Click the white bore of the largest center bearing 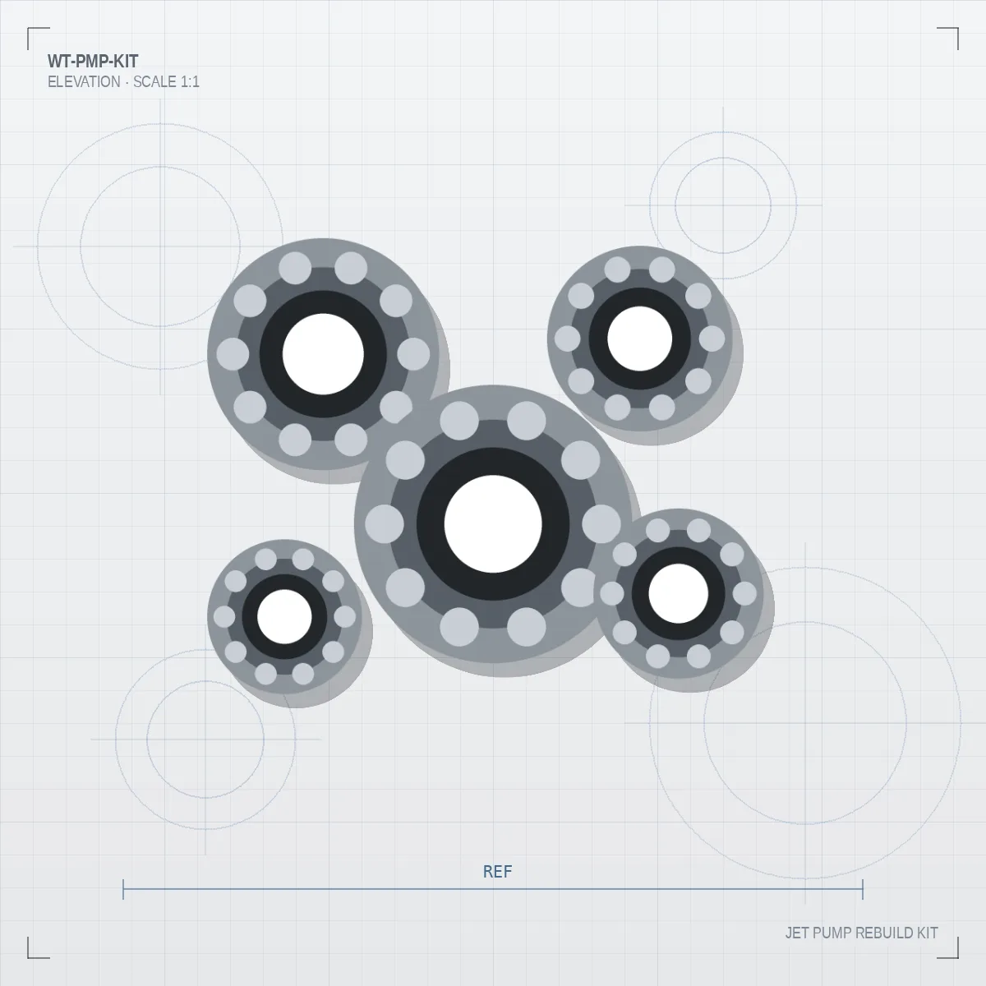tap(493, 524)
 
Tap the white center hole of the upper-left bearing tap(323, 354)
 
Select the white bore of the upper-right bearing tap(639, 339)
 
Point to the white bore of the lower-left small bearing tap(284, 616)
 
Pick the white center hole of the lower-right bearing tap(678, 593)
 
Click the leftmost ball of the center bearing tap(385, 524)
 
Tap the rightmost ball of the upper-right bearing tap(712, 339)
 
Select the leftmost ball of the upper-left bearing tap(233, 354)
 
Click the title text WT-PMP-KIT tap(93, 62)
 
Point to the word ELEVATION tap(84, 82)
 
